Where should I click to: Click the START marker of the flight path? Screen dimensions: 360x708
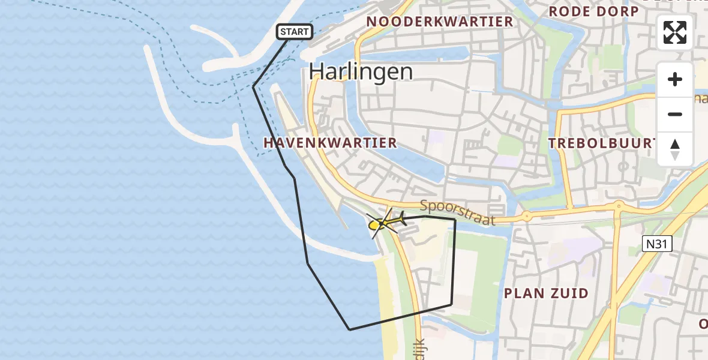[294, 32]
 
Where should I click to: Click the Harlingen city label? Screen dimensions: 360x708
[361, 72]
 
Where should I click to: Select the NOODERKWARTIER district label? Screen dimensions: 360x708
[440, 22]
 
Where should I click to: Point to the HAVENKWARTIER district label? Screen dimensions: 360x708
[330, 143]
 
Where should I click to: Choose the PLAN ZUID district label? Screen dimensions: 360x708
[546, 293]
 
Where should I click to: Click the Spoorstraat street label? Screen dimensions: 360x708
[458, 212]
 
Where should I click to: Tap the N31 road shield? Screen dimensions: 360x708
[657, 243]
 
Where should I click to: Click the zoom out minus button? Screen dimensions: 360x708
[675, 114]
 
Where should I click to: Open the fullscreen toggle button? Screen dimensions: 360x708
[675, 32]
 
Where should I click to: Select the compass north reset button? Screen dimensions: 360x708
[675, 149]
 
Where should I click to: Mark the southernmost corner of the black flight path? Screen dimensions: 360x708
[350, 329]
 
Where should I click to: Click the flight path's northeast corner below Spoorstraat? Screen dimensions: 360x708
[455, 220]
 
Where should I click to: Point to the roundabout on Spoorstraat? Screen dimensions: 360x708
[526, 216]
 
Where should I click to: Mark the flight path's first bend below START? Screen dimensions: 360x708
[254, 87]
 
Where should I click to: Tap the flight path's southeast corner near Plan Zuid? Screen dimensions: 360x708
[451, 305]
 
